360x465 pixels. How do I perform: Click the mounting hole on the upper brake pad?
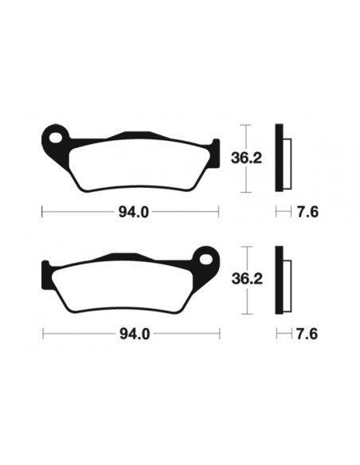tap(53, 137)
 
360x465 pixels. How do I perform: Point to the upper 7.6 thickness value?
tap(305, 213)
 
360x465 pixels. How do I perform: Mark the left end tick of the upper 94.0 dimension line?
tap(42, 213)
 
